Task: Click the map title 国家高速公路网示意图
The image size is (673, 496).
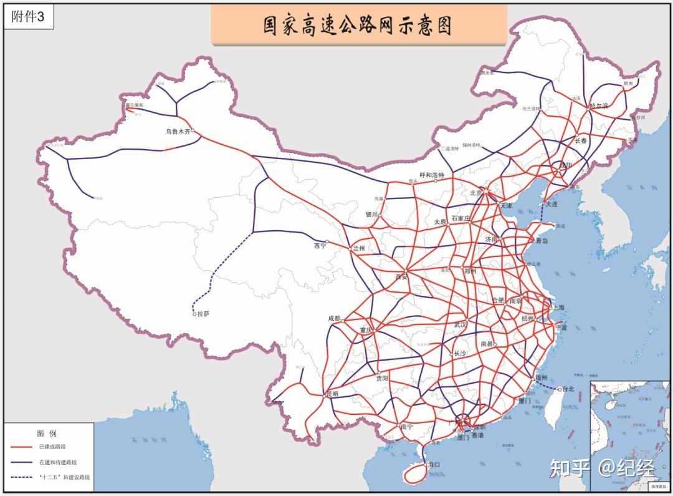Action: (358, 26)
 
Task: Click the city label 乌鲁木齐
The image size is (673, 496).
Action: (178, 132)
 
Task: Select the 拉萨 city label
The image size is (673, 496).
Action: (204, 314)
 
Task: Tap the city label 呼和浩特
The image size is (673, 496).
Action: (432, 175)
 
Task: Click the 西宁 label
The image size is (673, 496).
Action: (320, 246)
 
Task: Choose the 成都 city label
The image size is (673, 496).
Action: (334, 318)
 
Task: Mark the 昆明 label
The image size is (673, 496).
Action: (332, 394)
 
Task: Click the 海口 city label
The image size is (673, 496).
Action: (434, 465)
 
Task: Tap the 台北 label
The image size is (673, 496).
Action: (568, 389)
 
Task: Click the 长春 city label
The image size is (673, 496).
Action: (581, 141)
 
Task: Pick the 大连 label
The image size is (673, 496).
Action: (551, 204)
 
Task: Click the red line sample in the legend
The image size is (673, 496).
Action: (22, 447)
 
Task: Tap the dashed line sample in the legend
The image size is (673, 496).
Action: (22, 477)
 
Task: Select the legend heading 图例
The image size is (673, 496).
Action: (47, 432)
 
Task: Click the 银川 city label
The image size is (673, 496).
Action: (372, 215)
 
